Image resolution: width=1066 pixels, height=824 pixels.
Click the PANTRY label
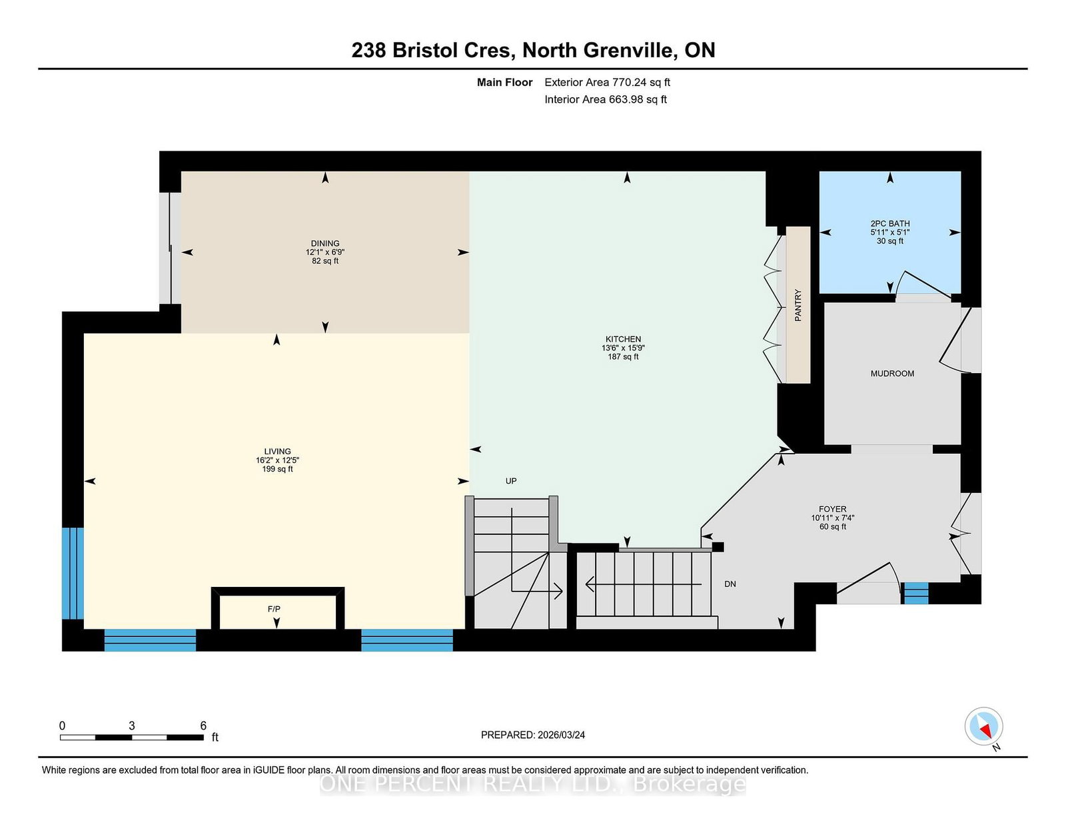pyautogui.click(x=798, y=306)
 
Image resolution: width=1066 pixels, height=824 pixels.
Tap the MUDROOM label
pyautogui.click(x=892, y=374)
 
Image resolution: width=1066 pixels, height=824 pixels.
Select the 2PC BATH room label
pyautogui.click(x=890, y=224)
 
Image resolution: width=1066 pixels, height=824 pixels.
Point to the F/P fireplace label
pyautogui.click(x=274, y=609)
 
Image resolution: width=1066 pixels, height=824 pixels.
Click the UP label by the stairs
pyautogui.click(x=510, y=481)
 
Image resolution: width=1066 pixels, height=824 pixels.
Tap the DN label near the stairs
pyautogui.click(x=730, y=584)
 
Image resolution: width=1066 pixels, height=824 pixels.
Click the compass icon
pyautogui.click(x=983, y=726)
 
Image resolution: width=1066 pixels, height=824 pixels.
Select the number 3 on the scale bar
pyautogui.click(x=131, y=726)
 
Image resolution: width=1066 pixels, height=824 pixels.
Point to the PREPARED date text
pyautogui.click(x=533, y=735)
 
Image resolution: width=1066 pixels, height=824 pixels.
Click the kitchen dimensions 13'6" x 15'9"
pyautogui.click(x=623, y=348)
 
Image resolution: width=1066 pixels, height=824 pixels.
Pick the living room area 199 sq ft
pyautogui.click(x=277, y=469)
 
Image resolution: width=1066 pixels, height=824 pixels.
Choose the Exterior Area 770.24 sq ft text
pyautogui.click(x=607, y=83)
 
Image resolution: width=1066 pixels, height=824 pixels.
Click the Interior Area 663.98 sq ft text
pyautogui.click(x=606, y=99)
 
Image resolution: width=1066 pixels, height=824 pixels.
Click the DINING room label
pyautogui.click(x=324, y=243)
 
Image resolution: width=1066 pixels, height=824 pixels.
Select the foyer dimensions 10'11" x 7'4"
pyautogui.click(x=833, y=518)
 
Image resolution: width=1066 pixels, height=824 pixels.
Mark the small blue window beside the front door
pyautogui.click(x=916, y=593)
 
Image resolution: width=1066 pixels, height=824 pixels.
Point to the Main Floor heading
pyautogui.click(x=504, y=83)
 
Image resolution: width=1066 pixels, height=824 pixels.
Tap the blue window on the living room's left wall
pyautogui.click(x=73, y=574)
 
